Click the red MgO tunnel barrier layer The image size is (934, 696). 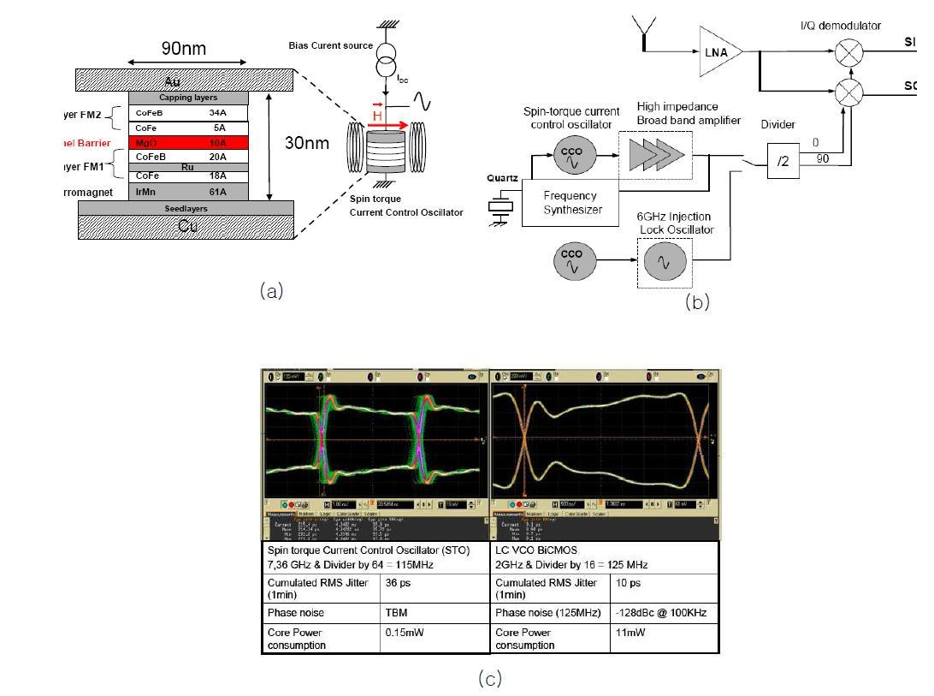coord(188,143)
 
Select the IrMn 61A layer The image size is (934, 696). coord(188,192)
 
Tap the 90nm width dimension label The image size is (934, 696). coord(184,49)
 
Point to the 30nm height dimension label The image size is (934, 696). coord(306,143)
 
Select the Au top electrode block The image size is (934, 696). coord(186,80)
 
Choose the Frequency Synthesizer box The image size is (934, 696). coord(570,202)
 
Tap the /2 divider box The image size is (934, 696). coord(783,161)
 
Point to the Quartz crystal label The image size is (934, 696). coord(503,178)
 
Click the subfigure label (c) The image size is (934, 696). coord(488,679)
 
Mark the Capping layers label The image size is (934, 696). coord(188,98)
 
